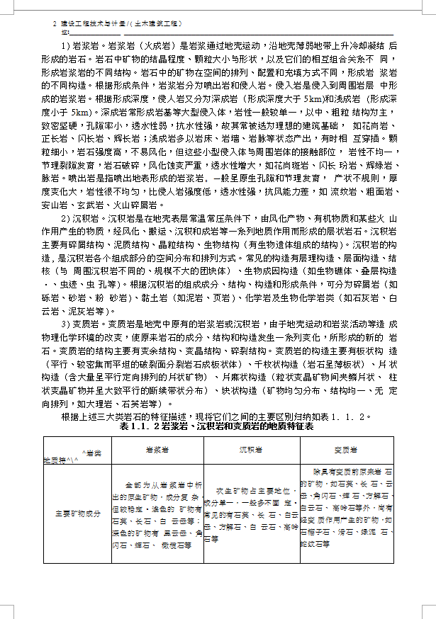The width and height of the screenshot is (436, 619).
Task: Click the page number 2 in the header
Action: [55, 23]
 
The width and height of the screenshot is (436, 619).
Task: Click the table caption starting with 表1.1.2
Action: [216, 428]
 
